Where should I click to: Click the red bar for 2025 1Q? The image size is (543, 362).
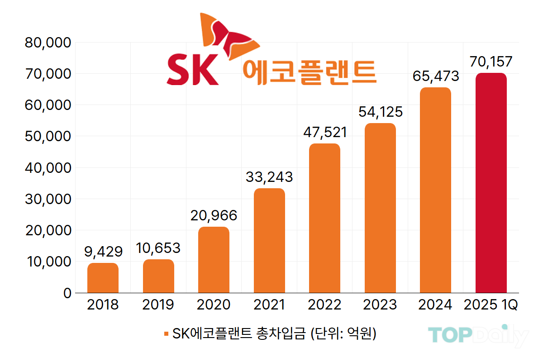[x=491, y=183]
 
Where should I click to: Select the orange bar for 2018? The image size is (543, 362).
[x=103, y=278]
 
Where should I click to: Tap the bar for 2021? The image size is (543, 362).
[x=269, y=240]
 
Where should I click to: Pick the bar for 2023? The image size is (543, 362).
[x=380, y=208]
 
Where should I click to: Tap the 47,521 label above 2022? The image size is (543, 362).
[x=324, y=132]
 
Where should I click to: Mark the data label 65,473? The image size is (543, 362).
[x=436, y=76]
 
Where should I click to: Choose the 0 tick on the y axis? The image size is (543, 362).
[x=67, y=293]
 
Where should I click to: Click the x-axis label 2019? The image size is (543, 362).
[x=158, y=305]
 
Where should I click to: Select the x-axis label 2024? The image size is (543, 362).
[x=435, y=305]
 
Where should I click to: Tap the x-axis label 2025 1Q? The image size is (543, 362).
[x=491, y=305]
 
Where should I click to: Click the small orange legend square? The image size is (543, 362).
[x=166, y=334]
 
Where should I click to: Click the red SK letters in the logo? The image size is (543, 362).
[x=192, y=70]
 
